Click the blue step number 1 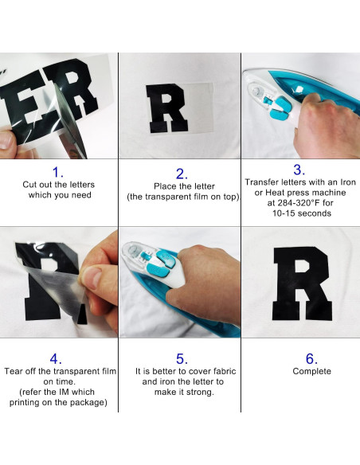point(58,172)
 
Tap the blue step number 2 point(182,174)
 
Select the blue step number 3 point(299,170)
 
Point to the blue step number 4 point(56,359)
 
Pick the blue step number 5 point(182,359)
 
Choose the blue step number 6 point(311,359)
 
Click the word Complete point(311,371)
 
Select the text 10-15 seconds point(302,213)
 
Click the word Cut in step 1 point(29,185)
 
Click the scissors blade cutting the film point(70,123)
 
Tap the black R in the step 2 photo point(167,108)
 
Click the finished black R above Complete point(302,283)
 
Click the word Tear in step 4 point(13,371)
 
